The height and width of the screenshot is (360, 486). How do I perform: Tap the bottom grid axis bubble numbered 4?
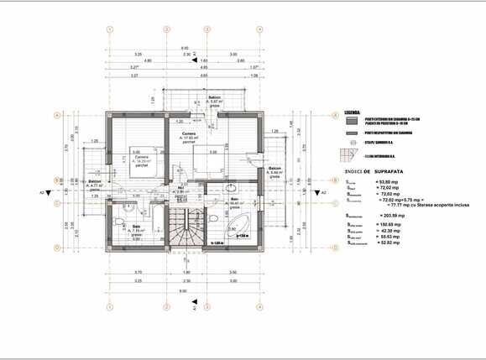(x=260, y=307)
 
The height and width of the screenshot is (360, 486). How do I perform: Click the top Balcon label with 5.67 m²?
(x=215, y=101)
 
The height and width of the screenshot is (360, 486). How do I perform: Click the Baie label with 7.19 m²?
(x=136, y=227)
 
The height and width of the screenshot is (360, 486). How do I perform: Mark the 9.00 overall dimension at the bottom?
(x=184, y=290)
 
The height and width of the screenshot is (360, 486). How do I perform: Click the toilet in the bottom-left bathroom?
(x=117, y=219)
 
